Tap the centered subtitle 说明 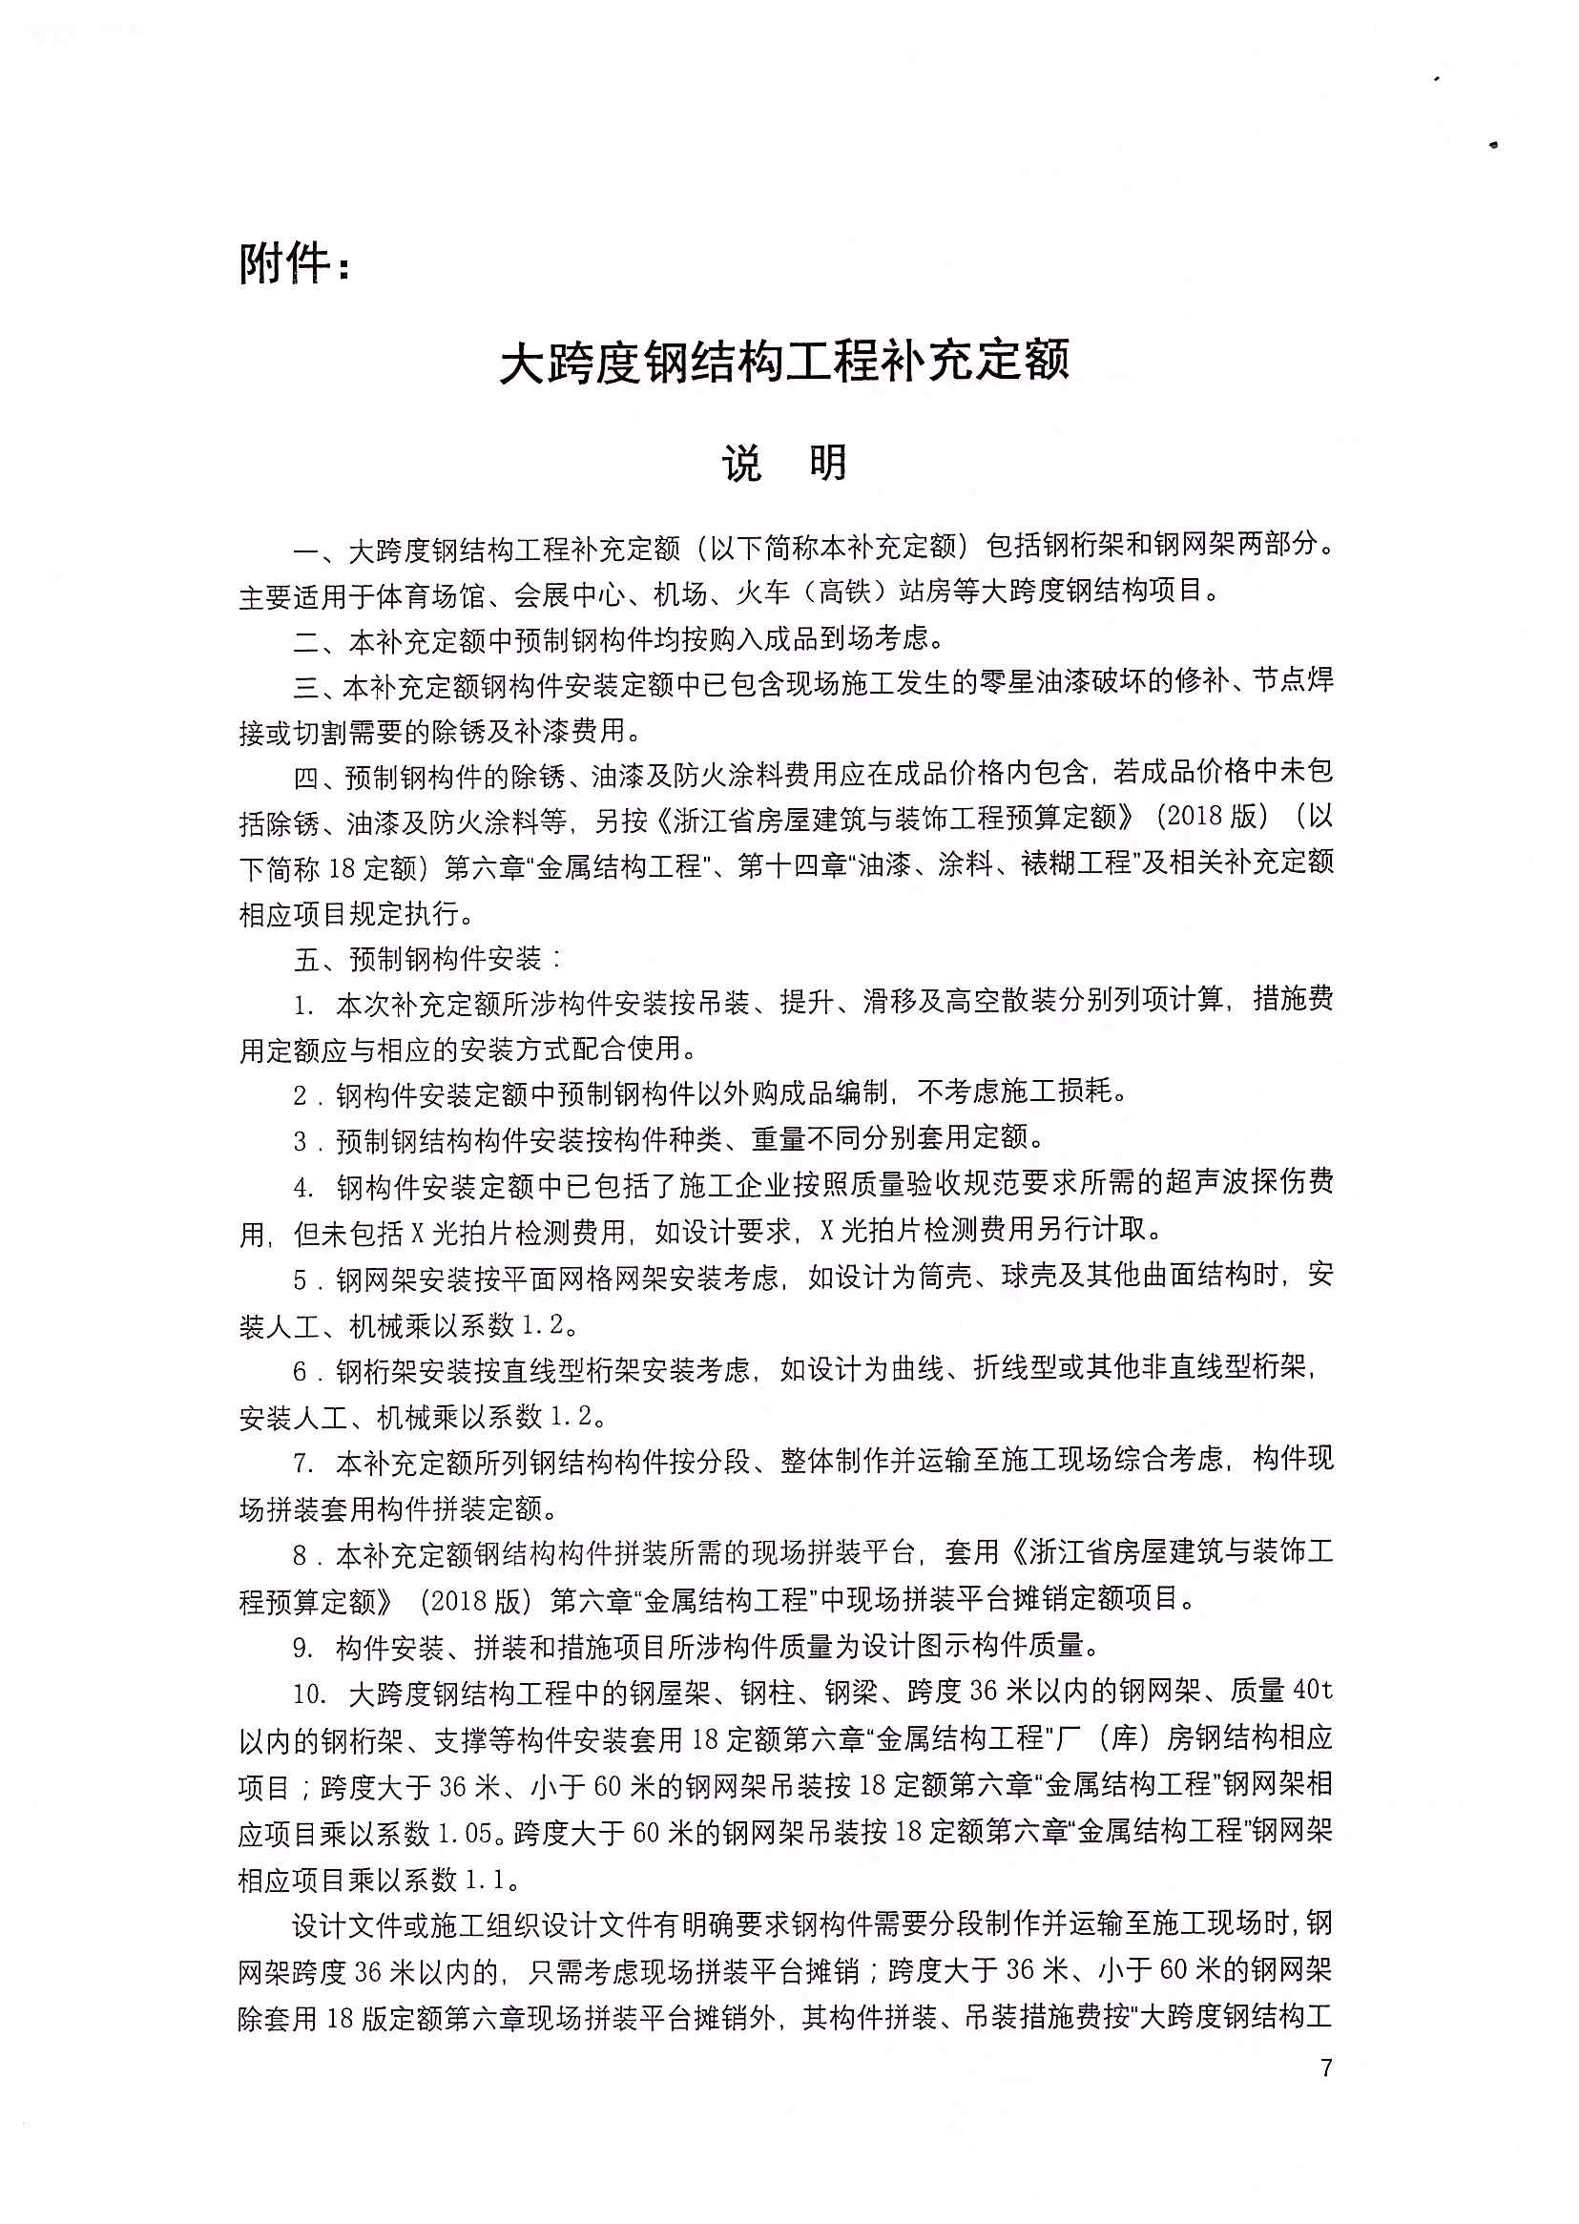(783, 464)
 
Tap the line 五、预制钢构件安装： (427, 960)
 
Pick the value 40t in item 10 (1312, 1693)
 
